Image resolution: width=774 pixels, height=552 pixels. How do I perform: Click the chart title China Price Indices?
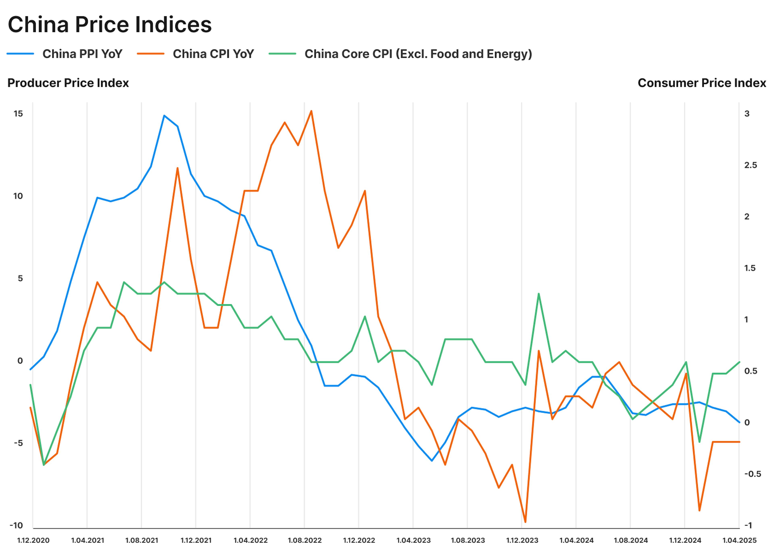pos(109,24)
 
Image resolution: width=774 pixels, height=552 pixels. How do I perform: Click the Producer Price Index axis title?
pos(68,83)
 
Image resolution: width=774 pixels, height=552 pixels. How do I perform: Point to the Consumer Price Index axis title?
pos(702,83)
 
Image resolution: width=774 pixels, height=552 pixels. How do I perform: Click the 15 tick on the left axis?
pos(18,114)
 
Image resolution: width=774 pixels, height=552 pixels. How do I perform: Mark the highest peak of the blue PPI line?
pos(164,116)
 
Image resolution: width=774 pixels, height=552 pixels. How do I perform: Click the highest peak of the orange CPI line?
pos(311,111)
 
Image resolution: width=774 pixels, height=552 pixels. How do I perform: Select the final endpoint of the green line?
pos(739,362)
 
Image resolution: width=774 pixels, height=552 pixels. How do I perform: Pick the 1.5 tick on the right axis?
pos(750,268)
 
